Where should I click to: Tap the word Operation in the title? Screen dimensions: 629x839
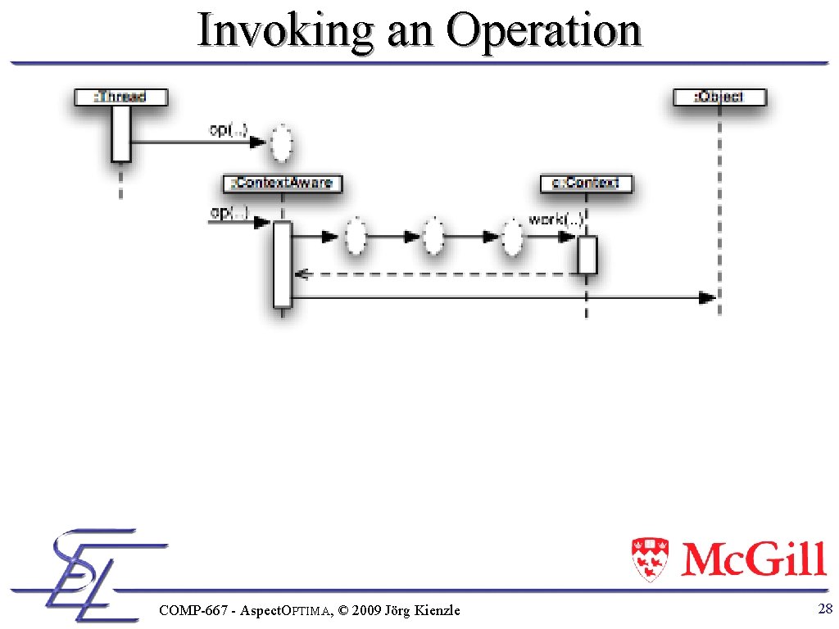pos(544,31)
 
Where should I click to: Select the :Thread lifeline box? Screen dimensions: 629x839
pos(121,97)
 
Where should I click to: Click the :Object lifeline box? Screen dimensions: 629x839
pos(719,97)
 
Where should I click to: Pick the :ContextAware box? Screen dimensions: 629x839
pos(283,183)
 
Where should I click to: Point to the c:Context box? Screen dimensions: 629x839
pos(587,183)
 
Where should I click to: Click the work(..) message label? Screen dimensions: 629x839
pos(556,219)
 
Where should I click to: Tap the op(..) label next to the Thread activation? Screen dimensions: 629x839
pos(228,129)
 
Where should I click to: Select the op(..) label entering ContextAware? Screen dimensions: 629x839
pos(229,213)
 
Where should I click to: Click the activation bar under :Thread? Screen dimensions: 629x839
pos(121,134)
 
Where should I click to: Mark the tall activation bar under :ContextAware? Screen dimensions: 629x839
pos(283,265)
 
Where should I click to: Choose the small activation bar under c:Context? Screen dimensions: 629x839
pos(587,255)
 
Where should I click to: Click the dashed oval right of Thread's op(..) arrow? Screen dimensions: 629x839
pos(282,145)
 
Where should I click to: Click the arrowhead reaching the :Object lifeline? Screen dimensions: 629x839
pos(706,298)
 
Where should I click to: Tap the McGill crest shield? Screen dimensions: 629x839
pos(649,559)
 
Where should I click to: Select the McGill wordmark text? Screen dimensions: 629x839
pos(753,560)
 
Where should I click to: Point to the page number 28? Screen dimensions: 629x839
pos(825,608)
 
